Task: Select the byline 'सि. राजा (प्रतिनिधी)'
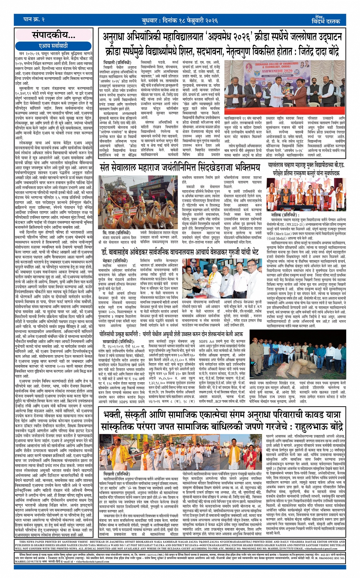(116, 233)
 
